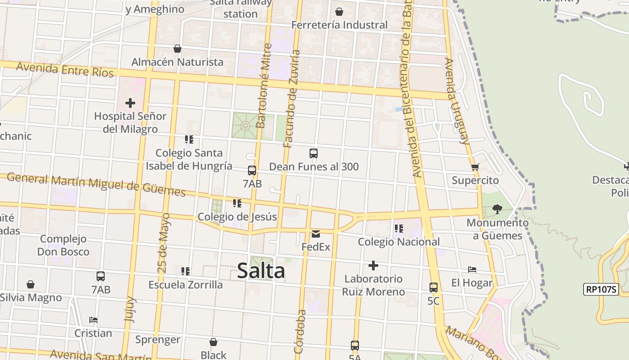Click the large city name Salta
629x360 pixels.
[x=261, y=271]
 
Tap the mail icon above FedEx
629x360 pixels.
[x=316, y=234]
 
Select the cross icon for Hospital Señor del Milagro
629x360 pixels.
[x=130, y=103]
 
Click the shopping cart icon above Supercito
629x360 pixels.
[x=475, y=167]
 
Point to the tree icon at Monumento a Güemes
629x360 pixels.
[x=497, y=209]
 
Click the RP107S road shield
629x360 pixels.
[x=601, y=289]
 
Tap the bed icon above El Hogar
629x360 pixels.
[x=472, y=270]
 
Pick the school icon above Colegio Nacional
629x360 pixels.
[x=399, y=229]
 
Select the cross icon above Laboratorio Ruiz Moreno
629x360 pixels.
[x=373, y=265]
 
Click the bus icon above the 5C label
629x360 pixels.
[x=434, y=288]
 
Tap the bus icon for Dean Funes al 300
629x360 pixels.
[x=314, y=153]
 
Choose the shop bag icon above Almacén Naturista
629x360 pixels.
[x=177, y=49]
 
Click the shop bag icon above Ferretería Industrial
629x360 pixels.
[x=339, y=12]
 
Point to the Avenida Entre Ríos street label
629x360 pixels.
[x=65, y=70]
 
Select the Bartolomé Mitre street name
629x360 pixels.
[x=263, y=85]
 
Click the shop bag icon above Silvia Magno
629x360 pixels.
[x=31, y=284]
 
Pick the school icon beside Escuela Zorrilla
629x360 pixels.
[x=186, y=271]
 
